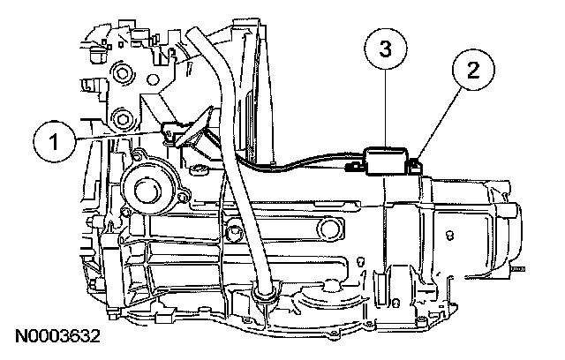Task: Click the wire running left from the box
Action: tap(300, 163)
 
